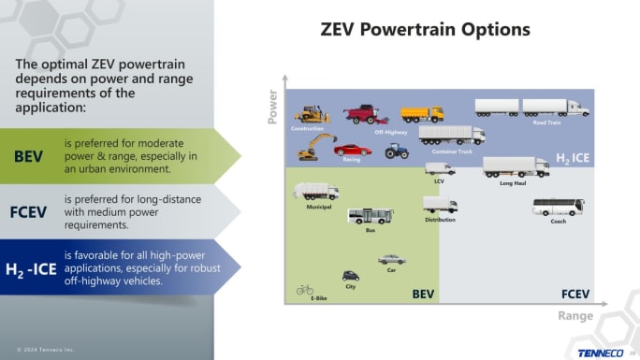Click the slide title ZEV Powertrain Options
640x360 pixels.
click(x=425, y=29)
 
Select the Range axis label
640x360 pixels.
click(x=575, y=316)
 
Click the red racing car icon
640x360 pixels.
click(x=352, y=150)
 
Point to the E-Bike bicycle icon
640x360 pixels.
click(x=305, y=289)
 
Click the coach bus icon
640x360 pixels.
click(x=558, y=207)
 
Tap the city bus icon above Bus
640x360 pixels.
click(x=371, y=216)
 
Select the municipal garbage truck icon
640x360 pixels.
click(x=315, y=192)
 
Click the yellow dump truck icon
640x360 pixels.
click(x=422, y=114)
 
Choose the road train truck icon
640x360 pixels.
click(x=531, y=108)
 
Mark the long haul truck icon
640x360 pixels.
click(x=515, y=167)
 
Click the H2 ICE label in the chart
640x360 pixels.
click(x=573, y=159)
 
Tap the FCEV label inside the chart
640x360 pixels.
click(x=575, y=294)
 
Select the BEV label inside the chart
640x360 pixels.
click(x=423, y=294)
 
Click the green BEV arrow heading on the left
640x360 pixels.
click(x=29, y=155)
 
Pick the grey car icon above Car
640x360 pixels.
click(x=392, y=259)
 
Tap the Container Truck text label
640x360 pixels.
click(x=452, y=151)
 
